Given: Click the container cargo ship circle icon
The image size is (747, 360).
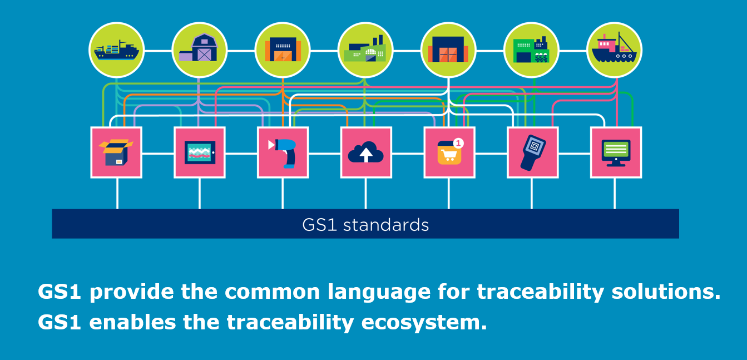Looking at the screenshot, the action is coord(116,50).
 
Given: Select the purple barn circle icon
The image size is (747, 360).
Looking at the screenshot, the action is coord(200,50).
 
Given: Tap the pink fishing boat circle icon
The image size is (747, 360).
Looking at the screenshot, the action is coord(614,50).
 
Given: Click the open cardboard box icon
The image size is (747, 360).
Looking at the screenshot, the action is coord(116,152).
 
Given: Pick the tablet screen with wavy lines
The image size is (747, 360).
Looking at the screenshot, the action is coord(200,152).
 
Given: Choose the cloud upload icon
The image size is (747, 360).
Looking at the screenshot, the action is coord(366,152).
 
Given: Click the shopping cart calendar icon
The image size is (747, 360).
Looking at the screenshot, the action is coord(449,152).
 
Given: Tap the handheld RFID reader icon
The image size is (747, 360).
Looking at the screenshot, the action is coord(532,152).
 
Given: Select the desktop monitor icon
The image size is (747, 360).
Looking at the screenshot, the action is coord(616,152).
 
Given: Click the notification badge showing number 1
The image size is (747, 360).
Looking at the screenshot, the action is coord(458,143).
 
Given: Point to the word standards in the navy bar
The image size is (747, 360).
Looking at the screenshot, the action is coord(386,225).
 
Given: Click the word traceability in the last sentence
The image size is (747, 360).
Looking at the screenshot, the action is coord(290,322).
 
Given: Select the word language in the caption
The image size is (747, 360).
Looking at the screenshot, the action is coord(379,292).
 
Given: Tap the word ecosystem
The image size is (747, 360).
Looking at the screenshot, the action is coord(424,323).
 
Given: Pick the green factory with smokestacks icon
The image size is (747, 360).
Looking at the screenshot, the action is coord(365,50).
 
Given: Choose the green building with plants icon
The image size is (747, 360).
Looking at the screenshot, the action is coord(531,50).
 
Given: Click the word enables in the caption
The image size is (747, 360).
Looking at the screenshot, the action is coord(132,322).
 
